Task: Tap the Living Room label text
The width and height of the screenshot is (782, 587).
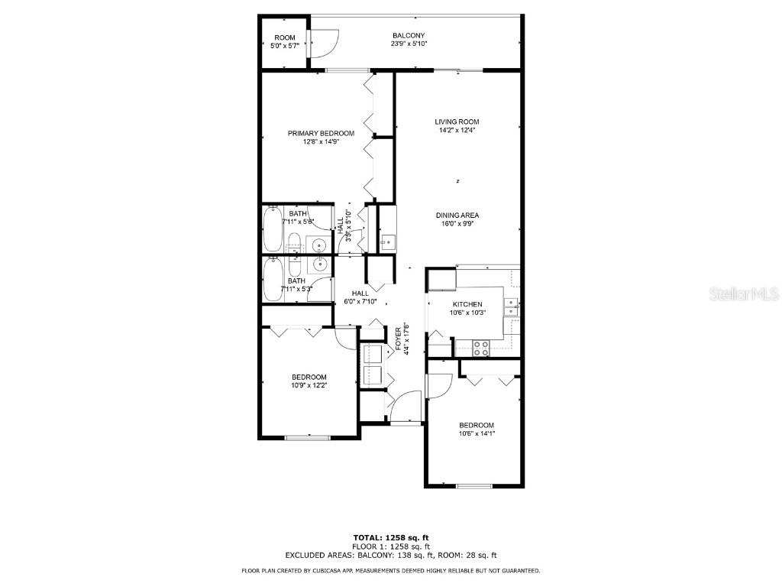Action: click(457, 122)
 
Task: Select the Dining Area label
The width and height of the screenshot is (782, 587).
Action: click(457, 216)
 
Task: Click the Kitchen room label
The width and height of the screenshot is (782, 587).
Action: click(467, 304)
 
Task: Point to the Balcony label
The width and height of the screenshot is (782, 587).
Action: click(409, 36)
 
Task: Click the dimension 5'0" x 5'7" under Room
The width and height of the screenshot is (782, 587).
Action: click(285, 46)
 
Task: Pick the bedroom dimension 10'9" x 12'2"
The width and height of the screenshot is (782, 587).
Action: click(309, 385)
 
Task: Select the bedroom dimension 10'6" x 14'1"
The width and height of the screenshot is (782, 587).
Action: click(477, 434)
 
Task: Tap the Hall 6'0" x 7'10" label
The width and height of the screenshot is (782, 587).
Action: click(360, 297)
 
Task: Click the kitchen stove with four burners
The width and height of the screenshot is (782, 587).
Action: click(482, 348)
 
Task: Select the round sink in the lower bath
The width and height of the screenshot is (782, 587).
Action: click(319, 264)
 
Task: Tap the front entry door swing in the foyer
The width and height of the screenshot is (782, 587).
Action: click(406, 405)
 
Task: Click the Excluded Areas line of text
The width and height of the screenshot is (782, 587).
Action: click(390, 555)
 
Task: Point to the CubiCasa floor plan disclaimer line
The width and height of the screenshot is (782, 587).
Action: click(390, 570)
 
